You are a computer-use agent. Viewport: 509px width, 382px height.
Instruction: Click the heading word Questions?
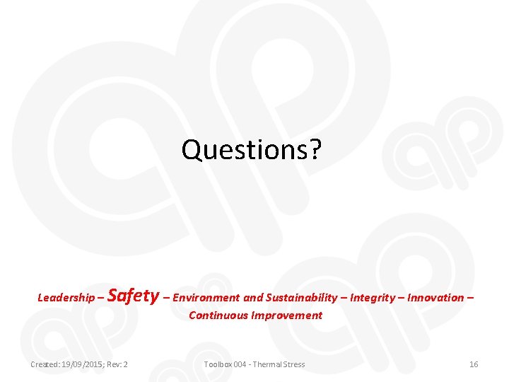251,149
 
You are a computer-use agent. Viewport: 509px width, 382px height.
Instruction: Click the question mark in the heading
315,149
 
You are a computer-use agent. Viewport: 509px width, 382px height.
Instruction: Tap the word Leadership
66,298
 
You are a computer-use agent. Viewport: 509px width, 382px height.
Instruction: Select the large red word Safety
134,295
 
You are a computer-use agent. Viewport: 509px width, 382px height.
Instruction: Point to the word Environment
206,298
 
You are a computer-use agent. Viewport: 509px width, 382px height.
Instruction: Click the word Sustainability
302,298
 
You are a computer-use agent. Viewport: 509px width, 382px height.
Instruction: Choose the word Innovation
435,298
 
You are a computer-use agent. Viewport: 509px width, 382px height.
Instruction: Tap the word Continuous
215,316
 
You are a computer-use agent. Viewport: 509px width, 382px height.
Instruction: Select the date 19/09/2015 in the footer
83,364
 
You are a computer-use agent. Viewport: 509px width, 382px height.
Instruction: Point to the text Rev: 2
117,364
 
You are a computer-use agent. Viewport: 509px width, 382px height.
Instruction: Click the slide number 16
474,364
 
